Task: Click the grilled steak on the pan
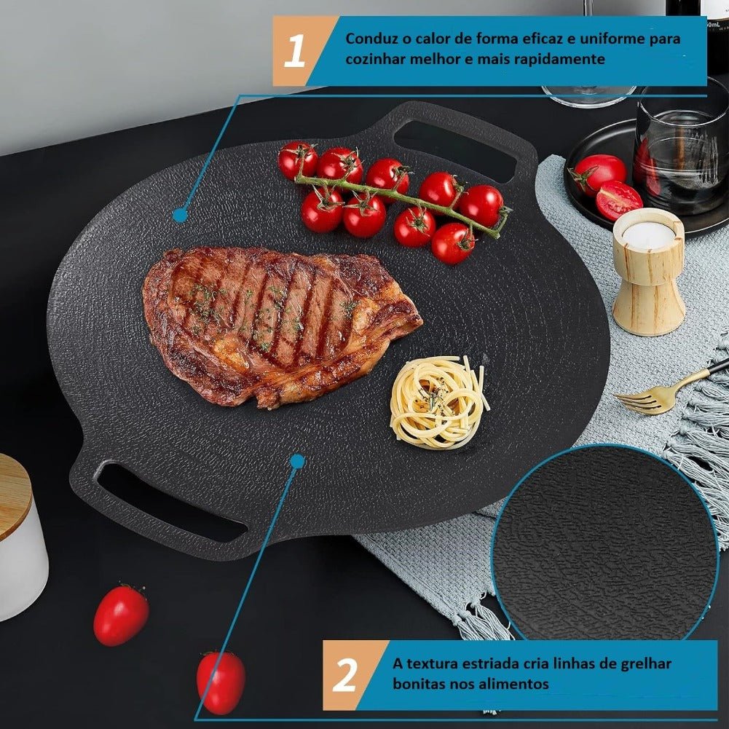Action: pyautogui.click(x=279, y=326)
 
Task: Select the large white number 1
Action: pyautogui.click(x=295, y=51)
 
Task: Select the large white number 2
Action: pyautogui.click(x=345, y=674)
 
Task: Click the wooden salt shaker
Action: pyautogui.click(x=649, y=272)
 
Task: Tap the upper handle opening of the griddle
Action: pyautogui.click(x=454, y=146)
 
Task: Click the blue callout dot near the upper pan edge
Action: pyautogui.click(x=180, y=216)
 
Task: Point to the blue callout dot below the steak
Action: pyautogui.click(x=298, y=461)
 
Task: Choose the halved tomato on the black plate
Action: pyautogui.click(x=619, y=200)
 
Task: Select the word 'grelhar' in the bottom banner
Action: pyautogui.click(x=646, y=664)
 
